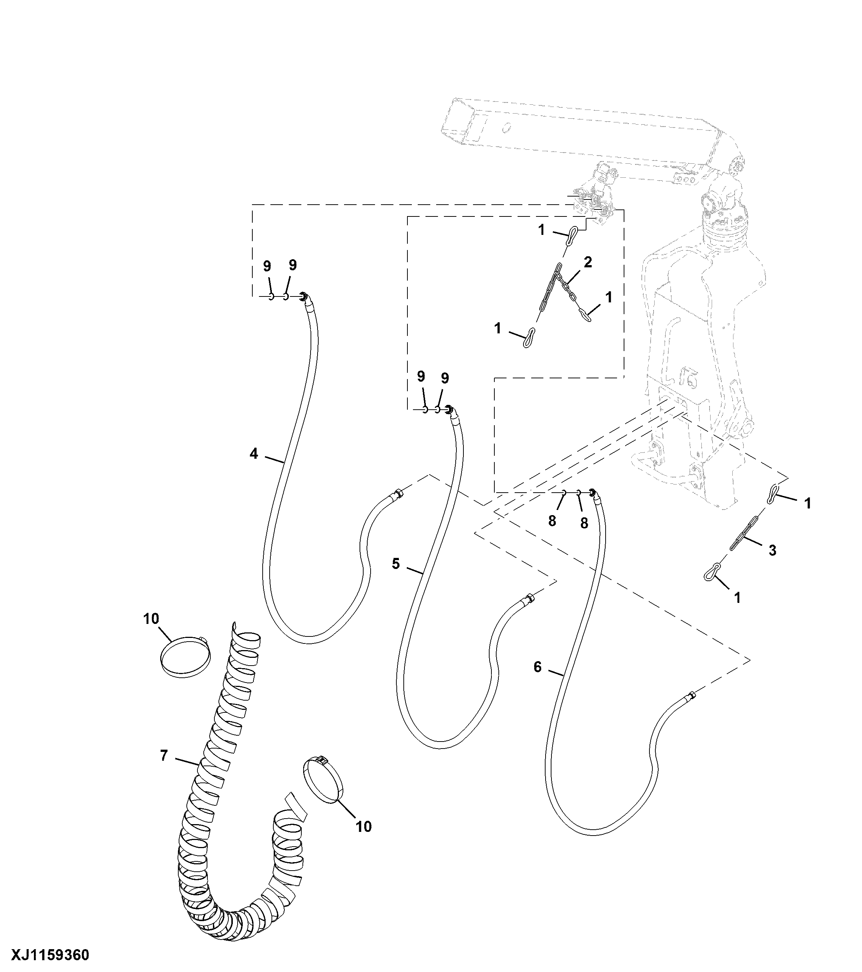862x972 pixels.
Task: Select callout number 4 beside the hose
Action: point(254,454)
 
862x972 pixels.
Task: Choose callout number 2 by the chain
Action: point(588,262)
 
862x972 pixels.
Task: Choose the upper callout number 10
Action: point(151,619)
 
